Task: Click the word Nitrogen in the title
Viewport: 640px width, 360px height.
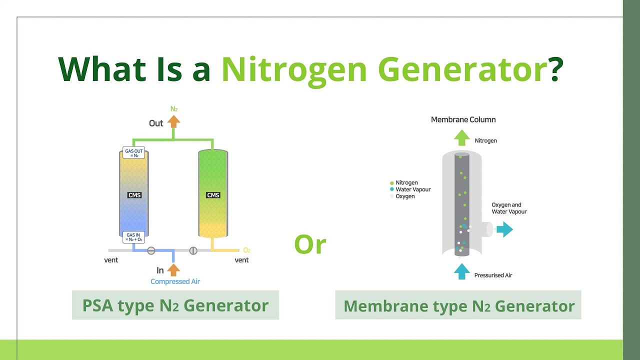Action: point(293,69)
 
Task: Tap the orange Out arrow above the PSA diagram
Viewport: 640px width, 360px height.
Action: point(173,122)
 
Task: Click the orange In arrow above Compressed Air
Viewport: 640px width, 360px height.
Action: point(173,270)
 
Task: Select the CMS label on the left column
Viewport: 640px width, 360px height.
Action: point(134,195)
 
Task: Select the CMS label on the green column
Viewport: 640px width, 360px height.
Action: point(213,195)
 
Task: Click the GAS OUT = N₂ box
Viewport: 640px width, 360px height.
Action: point(134,153)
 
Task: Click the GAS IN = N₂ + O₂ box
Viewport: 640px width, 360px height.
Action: point(134,237)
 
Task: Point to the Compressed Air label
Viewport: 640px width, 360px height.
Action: point(175,281)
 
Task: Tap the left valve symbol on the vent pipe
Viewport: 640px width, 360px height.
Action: point(151,250)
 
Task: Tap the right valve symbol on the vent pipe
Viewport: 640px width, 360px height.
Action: point(193,250)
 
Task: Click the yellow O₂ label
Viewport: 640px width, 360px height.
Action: point(246,250)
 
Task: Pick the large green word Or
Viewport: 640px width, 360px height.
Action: point(310,245)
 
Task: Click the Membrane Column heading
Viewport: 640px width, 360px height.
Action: point(463,119)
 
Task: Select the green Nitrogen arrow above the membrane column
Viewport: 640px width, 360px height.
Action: point(462,137)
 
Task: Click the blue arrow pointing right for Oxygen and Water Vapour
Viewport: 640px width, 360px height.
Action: point(504,230)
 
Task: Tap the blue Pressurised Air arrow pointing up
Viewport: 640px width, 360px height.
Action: point(462,270)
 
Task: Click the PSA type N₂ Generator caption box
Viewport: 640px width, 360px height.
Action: point(175,305)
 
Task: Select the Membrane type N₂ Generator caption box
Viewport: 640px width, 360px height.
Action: point(458,305)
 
